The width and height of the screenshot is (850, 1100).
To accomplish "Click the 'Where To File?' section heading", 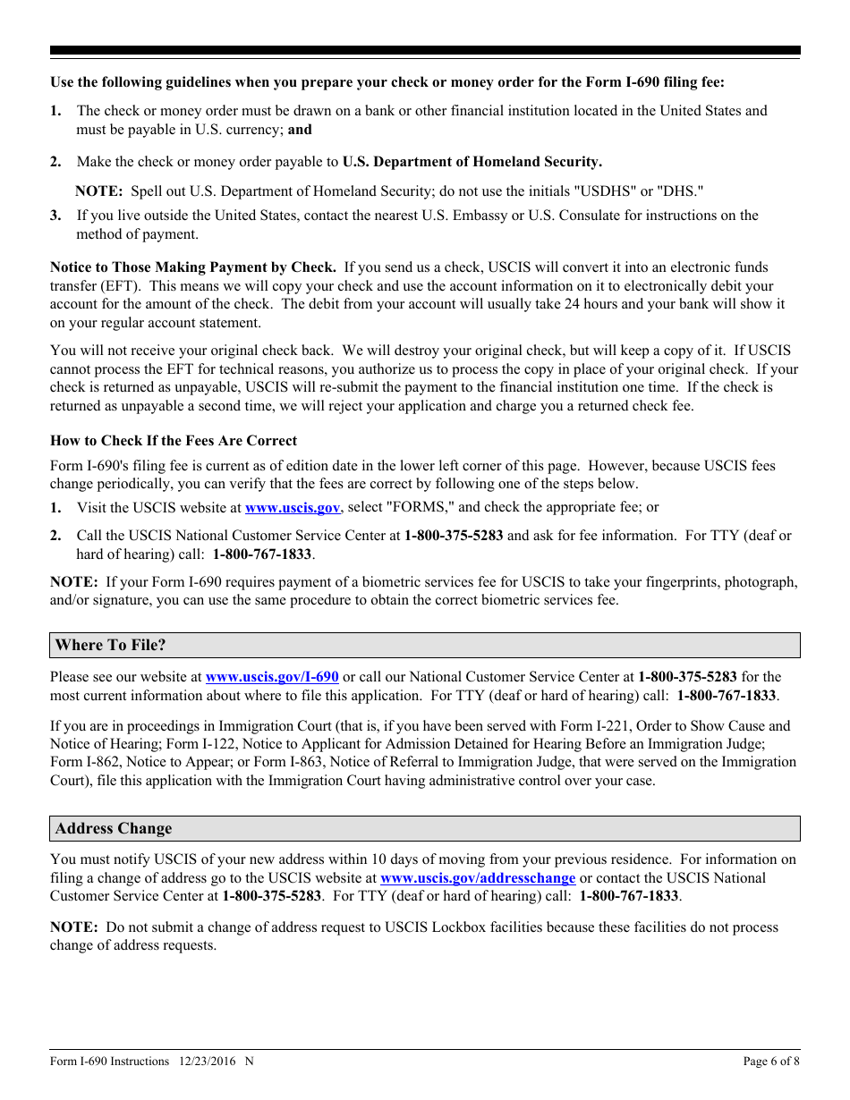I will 110,645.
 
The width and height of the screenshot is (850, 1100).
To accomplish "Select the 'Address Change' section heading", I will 113,828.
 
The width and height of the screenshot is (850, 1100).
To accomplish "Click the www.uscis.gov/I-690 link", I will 272,677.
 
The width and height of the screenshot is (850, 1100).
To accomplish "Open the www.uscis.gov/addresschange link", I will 478,877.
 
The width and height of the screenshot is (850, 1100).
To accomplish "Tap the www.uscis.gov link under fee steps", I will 293,507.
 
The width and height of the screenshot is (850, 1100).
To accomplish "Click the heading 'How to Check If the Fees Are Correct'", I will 174,440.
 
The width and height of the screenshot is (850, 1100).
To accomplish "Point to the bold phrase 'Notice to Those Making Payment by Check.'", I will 193,267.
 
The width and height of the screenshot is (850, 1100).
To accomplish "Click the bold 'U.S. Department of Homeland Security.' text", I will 472,162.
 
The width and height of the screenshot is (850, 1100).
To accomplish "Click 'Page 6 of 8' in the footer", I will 771,1062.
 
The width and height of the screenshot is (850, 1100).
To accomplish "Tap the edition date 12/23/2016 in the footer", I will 207,1062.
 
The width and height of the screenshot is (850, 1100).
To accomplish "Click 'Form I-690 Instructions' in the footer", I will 109,1062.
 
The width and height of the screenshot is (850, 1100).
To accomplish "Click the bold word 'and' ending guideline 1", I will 300,130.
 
